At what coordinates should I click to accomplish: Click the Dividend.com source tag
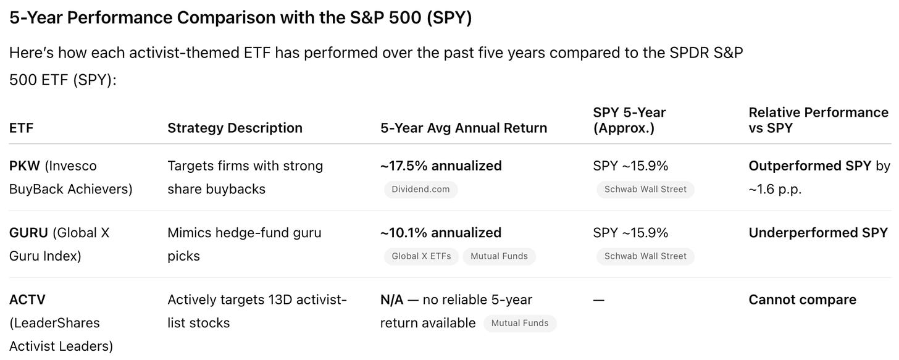coord(420,190)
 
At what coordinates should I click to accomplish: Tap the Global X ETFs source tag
coord(421,256)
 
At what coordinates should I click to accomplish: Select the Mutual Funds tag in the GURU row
coord(499,256)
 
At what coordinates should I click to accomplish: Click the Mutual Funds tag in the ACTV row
coord(520,324)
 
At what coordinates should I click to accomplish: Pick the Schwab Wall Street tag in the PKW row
coord(645,190)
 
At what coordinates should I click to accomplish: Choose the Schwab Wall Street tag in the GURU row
coord(645,256)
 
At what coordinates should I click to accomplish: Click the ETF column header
coord(21,128)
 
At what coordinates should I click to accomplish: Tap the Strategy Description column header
coord(235,128)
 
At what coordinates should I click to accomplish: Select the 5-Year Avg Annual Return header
coord(464,128)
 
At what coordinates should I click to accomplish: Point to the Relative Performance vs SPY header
coord(818,120)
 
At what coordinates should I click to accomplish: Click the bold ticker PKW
coord(25,165)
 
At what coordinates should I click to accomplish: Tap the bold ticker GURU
coord(28,233)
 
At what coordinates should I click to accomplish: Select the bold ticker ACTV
coord(27,300)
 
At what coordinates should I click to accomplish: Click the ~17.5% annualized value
coord(441,165)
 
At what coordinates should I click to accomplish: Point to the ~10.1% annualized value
coord(441,233)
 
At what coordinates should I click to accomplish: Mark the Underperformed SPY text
coord(818,233)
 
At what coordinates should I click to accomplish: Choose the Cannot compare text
coord(803,300)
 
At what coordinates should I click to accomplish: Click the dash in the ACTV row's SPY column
coord(599,300)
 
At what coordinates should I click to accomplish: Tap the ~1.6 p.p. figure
coord(775,190)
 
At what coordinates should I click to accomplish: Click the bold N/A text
coord(391,300)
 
